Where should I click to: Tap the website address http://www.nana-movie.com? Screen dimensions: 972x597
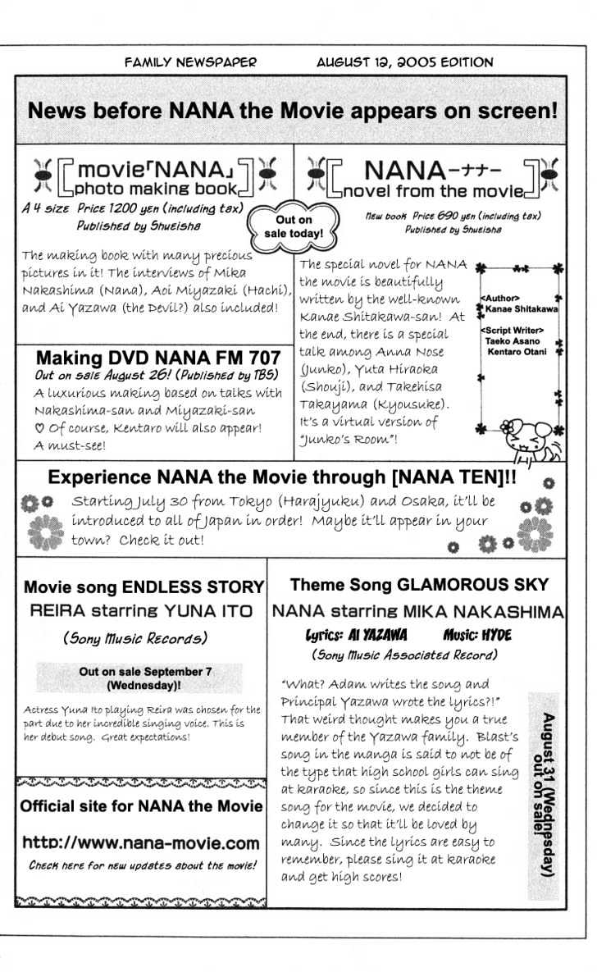tap(141, 842)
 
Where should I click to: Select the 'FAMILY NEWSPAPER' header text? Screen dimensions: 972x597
tap(190, 62)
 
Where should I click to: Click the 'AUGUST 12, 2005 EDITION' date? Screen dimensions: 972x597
tap(405, 62)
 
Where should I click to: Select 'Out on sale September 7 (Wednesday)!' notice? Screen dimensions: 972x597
tap(145, 677)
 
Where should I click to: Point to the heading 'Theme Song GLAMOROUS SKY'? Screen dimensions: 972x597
tap(419, 586)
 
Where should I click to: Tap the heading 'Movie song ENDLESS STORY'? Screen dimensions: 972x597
tap(144, 587)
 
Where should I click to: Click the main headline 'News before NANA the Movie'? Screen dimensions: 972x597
tap(292, 111)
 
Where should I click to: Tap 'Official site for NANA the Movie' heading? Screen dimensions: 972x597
tap(141, 806)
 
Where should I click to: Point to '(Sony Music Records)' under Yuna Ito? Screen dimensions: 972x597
tap(135, 637)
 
